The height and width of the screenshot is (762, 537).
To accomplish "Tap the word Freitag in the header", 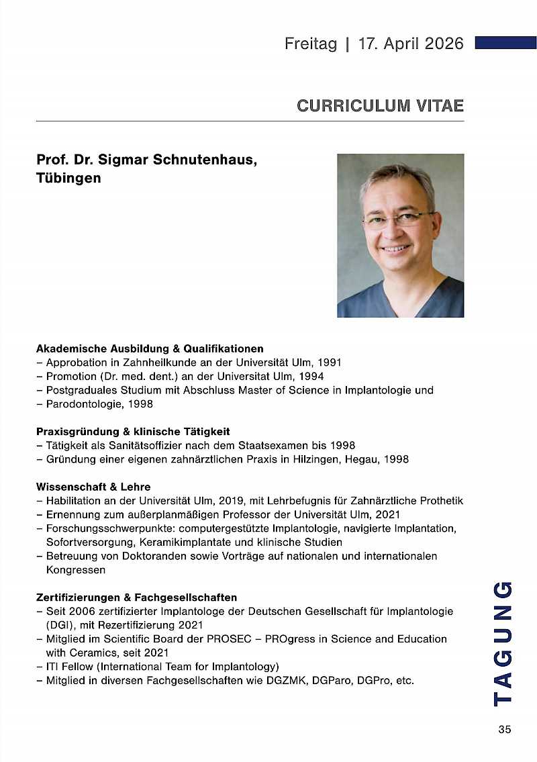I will (311, 44).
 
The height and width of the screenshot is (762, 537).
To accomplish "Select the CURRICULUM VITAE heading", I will (380, 105).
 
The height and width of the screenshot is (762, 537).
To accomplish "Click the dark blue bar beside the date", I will (505, 43).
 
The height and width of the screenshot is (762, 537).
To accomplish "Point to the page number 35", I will (505, 730).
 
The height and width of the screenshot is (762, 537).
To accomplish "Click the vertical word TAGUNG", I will (503, 642).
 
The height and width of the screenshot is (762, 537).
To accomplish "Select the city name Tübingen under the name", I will (68, 178).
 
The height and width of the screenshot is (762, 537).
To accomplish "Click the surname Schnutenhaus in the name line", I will (196, 161).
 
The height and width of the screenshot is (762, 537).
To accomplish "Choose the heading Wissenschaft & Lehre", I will (93, 487).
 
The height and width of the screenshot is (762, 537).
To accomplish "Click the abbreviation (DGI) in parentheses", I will (60, 625).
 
